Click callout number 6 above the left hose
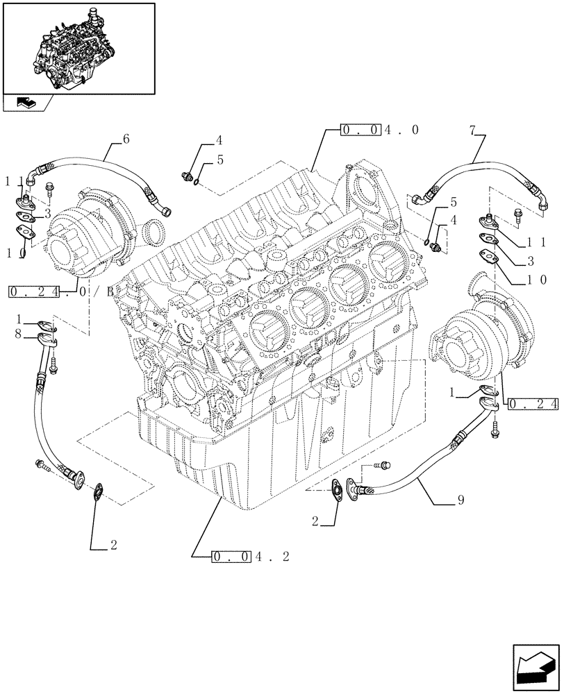(x=126, y=139)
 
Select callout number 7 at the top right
(x=473, y=130)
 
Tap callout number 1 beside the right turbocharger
(x=452, y=393)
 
